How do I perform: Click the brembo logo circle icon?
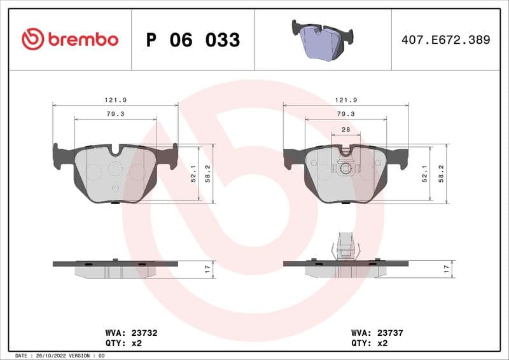point(32,39)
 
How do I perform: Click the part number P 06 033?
point(193,40)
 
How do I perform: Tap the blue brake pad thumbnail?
point(323,40)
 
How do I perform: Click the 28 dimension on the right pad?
point(345,129)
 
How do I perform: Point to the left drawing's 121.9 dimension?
point(115,100)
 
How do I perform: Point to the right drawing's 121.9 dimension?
point(345,100)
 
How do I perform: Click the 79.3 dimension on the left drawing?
point(115,114)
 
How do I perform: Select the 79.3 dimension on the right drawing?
point(345,114)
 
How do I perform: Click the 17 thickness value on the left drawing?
point(207,270)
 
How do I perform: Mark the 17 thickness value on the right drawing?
point(447,270)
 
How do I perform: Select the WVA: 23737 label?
point(378,332)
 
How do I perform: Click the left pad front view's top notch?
point(115,151)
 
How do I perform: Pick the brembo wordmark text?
point(83,39)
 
